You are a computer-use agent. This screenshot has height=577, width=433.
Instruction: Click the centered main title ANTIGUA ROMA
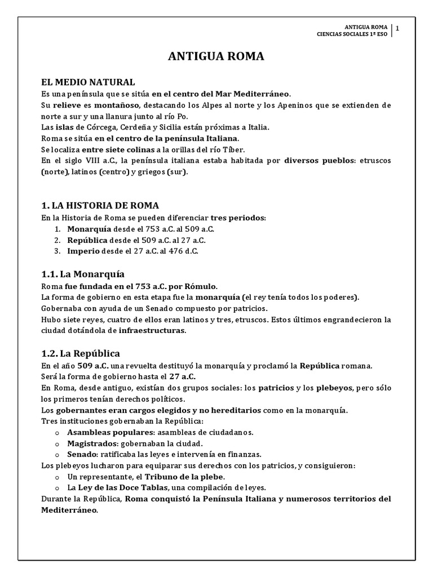point(216,57)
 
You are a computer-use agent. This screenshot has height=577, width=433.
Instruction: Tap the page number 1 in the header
point(398,29)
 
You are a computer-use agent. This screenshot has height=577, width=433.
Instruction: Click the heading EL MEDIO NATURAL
point(88,82)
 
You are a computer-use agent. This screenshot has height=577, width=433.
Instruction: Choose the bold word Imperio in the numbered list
point(83,251)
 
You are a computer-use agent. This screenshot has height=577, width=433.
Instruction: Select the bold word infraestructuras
point(152,331)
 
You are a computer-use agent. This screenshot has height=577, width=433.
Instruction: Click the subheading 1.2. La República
point(81,353)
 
